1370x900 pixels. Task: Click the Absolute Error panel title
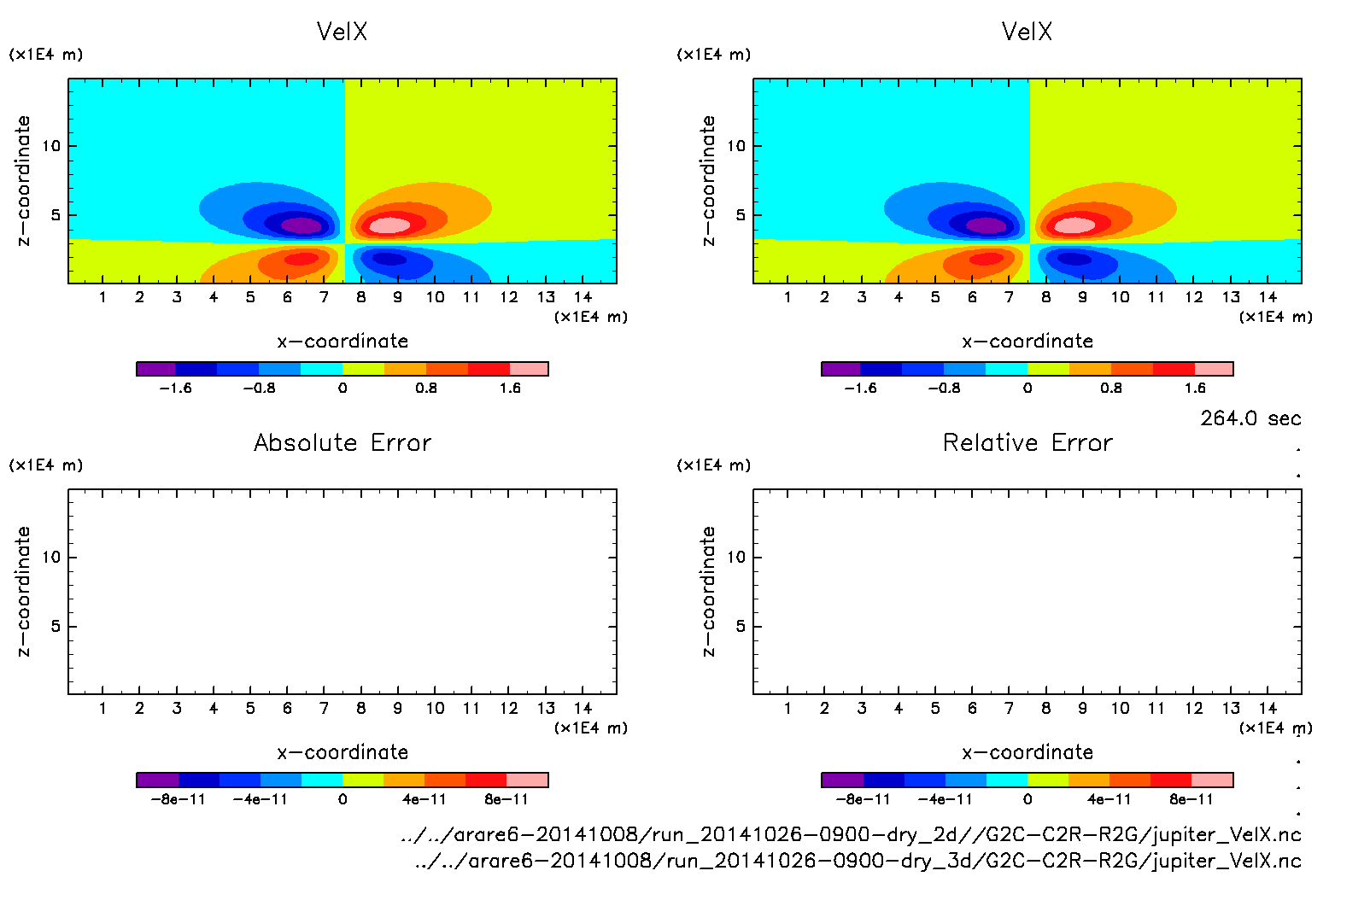coord(342,442)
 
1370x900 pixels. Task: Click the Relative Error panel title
coord(1027,442)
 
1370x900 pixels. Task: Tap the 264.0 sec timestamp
coord(1250,418)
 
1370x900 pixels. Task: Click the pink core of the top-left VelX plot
coord(389,225)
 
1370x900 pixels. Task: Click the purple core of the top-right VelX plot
coord(987,225)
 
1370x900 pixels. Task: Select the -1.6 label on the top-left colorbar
coord(175,389)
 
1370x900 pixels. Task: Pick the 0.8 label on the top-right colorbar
coord(1110,389)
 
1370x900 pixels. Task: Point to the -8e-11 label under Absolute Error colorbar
coord(178,800)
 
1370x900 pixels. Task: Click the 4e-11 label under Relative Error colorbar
coord(1109,800)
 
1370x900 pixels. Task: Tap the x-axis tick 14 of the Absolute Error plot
coord(583,708)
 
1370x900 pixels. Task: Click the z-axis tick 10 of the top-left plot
coord(51,146)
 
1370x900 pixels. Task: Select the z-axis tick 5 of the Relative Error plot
coord(740,627)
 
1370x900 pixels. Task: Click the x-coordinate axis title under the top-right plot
coord(1027,342)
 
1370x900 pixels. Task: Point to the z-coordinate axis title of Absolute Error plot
coord(23,591)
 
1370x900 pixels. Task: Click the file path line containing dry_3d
coord(858,861)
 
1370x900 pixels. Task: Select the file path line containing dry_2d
coord(851,834)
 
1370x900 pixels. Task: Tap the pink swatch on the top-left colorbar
coord(529,369)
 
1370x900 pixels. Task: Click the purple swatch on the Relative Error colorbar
coord(841,780)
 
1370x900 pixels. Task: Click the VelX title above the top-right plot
coord(1027,32)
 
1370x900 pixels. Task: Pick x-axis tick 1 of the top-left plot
coord(102,297)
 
